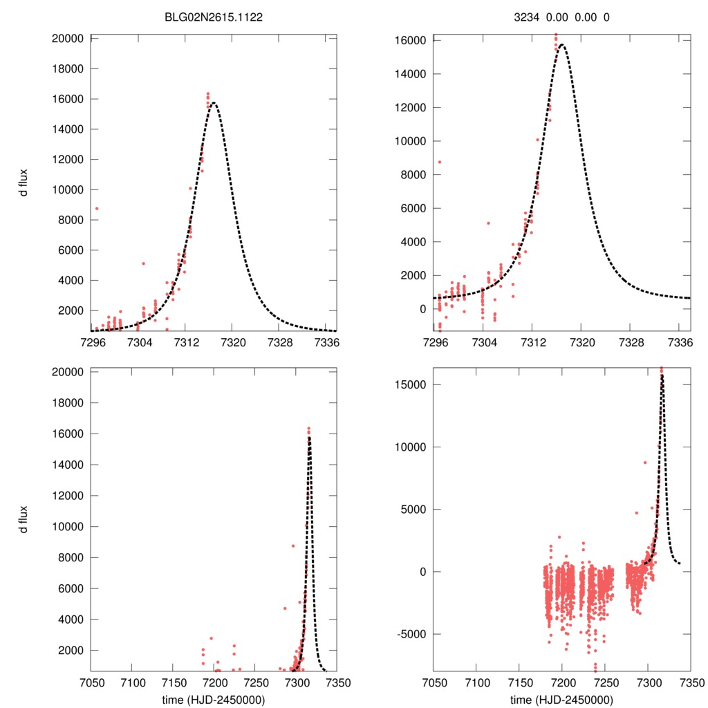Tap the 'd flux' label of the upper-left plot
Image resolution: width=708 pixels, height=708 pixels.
pyautogui.click(x=24, y=185)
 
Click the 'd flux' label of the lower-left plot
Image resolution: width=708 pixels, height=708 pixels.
pyautogui.click(x=24, y=519)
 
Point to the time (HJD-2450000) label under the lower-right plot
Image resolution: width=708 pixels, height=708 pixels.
pyautogui.click(x=561, y=699)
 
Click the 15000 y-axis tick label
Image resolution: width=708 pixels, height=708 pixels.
pyautogui.click(x=411, y=385)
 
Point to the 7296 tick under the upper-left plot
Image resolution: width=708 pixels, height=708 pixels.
pyautogui.click(x=93, y=342)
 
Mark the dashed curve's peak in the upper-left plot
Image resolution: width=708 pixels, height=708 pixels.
pyautogui.click(x=213, y=103)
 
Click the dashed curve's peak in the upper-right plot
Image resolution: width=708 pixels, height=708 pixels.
pyautogui.click(x=561, y=46)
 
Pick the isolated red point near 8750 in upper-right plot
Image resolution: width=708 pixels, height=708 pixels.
pyautogui.click(x=439, y=162)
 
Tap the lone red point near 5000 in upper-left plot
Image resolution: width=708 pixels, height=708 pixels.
pyautogui.click(x=143, y=263)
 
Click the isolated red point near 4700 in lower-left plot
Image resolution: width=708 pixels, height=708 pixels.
pyautogui.click(x=284, y=608)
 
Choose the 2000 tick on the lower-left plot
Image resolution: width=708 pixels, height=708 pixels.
pyautogui.click(x=71, y=651)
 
